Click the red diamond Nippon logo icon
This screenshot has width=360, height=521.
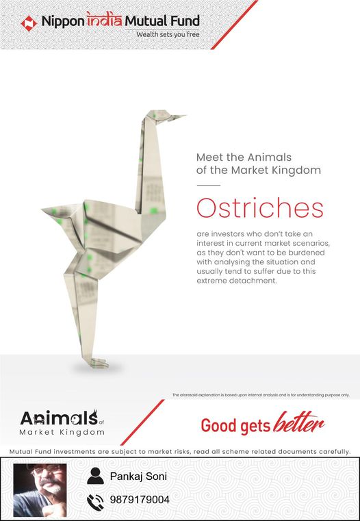click(29, 23)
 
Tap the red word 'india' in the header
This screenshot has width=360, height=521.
click(104, 20)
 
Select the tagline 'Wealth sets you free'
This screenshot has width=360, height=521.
click(168, 34)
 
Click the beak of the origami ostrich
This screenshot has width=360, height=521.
click(176, 117)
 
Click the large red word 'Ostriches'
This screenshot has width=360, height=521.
click(259, 208)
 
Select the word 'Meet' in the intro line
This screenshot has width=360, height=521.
click(208, 157)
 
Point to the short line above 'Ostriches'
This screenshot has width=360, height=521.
click(209, 185)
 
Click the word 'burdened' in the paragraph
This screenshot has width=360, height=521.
click(307, 253)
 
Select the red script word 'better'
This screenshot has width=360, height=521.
click(298, 422)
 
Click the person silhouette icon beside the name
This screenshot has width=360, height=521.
click(95, 476)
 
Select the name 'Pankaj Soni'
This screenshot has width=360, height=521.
click(138, 476)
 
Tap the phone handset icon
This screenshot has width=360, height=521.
click(95, 502)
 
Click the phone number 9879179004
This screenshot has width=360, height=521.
click(140, 500)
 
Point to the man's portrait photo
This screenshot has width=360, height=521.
click(40, 490)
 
